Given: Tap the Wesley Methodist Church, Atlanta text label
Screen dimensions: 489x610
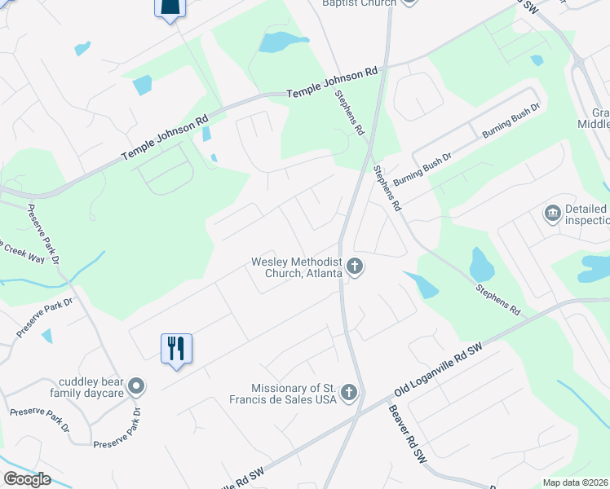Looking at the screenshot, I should pyautogui.click(x=297, y=268).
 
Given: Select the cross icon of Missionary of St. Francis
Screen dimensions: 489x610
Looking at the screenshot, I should pyautogui.click(x=349, y=394).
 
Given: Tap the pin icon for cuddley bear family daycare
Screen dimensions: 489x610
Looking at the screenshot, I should pyautogui.click(x=137, y=386).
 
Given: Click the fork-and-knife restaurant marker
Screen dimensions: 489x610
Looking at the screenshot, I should pyautogui.click(x=176, y=349).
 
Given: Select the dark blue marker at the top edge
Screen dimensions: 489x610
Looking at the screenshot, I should pyautogui.click(x=170, y=7).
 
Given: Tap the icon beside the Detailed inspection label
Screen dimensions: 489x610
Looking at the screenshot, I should pyautogui.click(x=552, y=214).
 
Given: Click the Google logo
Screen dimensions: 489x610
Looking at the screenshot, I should pyautogui.click(x=27, y=479).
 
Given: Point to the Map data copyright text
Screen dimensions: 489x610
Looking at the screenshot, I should pyautogui.click(x=576, y=482).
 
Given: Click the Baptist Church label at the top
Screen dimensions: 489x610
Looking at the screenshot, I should pyautogui.click(x=360, y=3).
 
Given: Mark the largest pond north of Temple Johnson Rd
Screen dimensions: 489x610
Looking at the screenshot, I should pyautogui.click(x=283, y=42).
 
